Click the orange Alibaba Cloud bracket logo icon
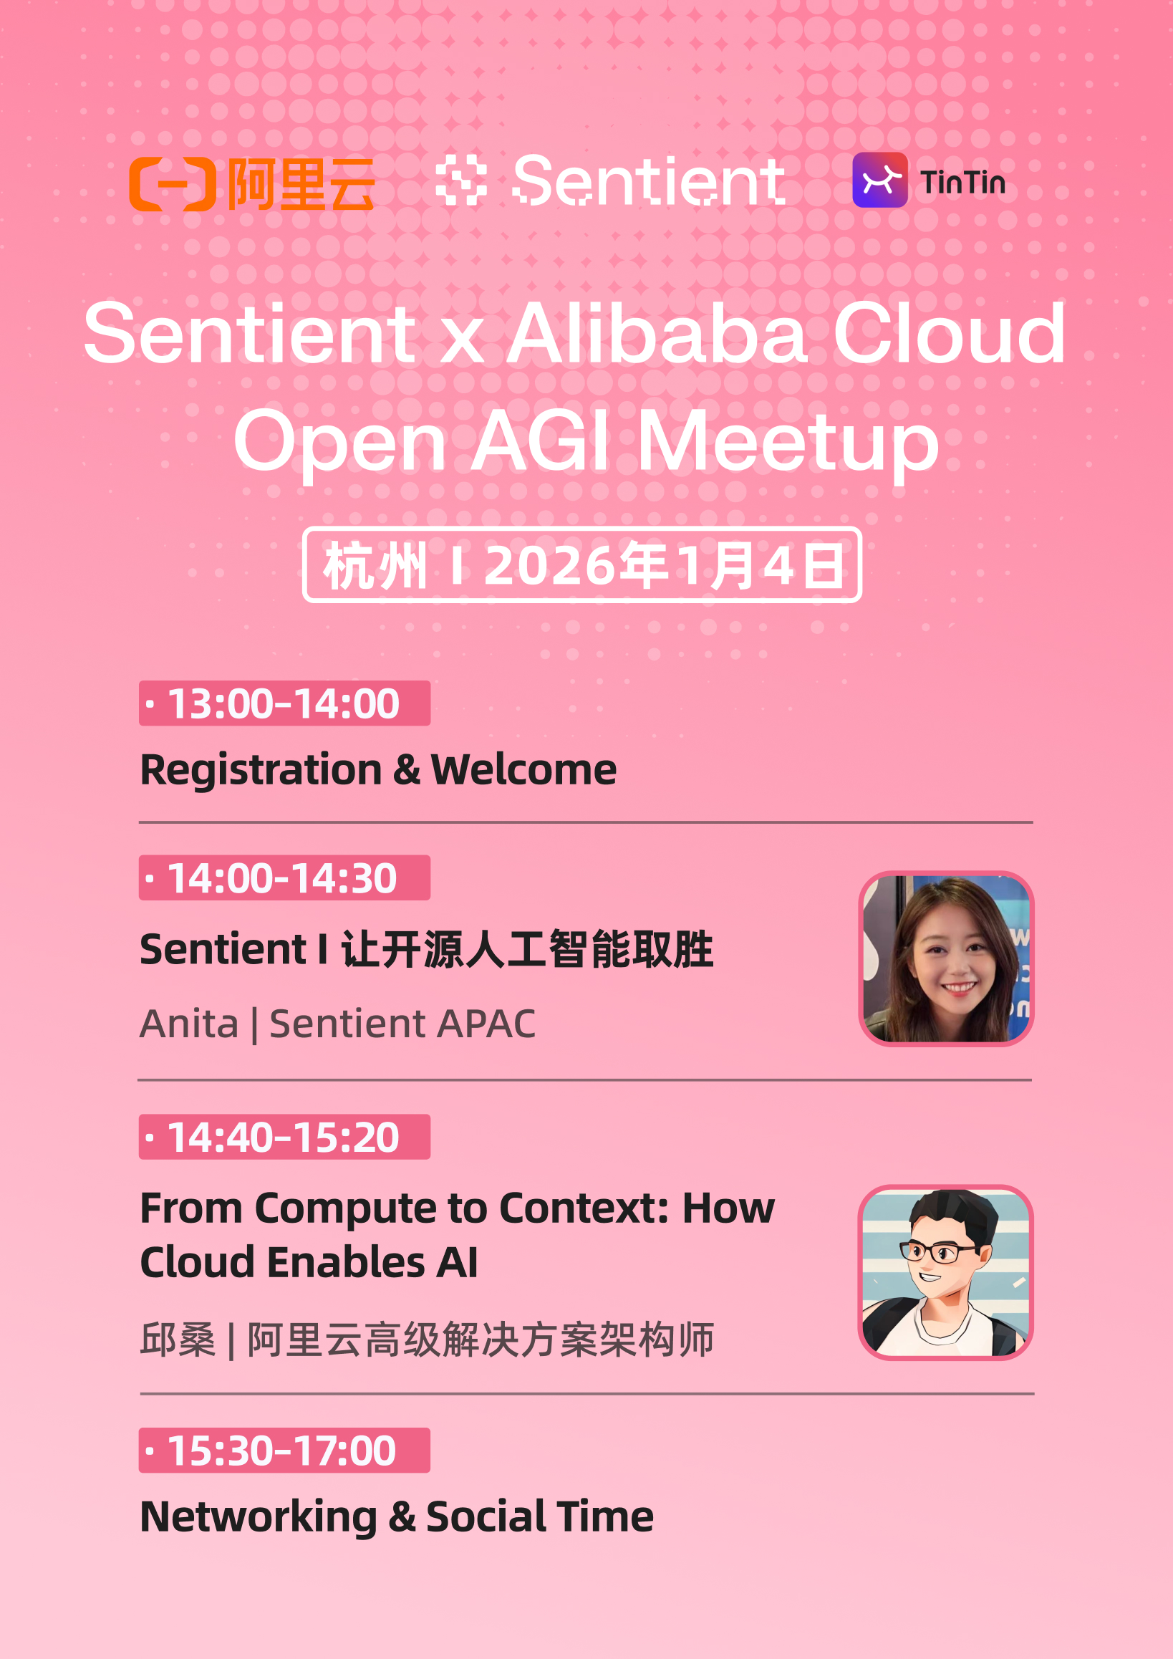coord(172,183)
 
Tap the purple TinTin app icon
coord(879,180)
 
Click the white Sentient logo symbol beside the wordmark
coord(461,180)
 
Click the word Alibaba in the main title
coord(656,334)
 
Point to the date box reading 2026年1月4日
coord(581,565)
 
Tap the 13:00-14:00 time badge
coord(284,703)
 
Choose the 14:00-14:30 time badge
coord(284,878)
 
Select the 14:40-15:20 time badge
coord(284,1137)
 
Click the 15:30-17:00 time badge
coord(284,1450)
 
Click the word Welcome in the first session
coord(523,769)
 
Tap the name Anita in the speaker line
coord(189,1024)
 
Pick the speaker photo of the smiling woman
coord(945,958)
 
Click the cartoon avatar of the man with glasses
coord(945,1272)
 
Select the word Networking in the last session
coord(258,1516)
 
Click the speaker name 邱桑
coord(178,1339)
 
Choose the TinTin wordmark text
coord(962,182)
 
